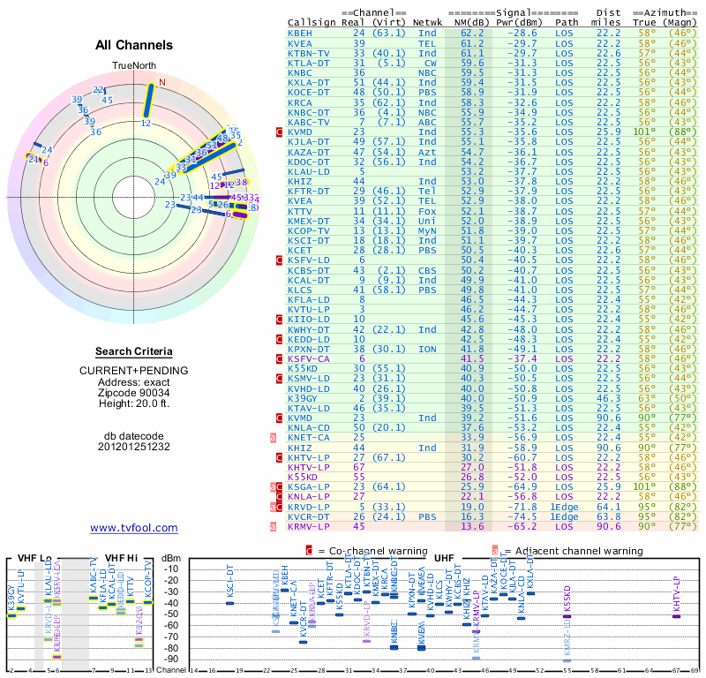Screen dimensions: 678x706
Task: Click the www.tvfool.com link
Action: point(134,528)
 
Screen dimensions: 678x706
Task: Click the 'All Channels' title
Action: point(134,45)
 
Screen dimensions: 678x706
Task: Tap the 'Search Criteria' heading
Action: point(134,351)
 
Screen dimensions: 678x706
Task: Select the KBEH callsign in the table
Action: point(300,32)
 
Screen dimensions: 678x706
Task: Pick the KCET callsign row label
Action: point(300,250)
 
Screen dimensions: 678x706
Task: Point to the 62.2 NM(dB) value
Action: point(472,32)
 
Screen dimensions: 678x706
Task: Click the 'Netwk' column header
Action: point(428,21)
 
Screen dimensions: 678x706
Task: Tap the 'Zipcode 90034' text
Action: point(134,392)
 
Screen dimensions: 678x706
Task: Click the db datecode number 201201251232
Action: point(134,446)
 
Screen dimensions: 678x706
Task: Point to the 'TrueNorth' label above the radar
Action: point(134,66)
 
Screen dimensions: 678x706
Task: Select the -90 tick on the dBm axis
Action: point(171,659)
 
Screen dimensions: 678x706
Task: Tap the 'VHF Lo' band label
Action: point(34,557)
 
